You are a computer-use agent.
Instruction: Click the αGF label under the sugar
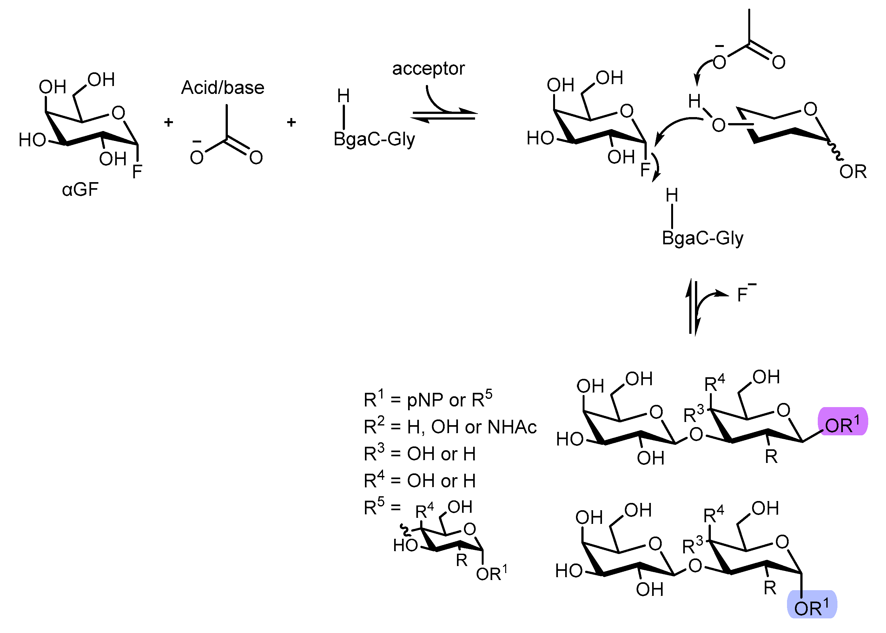coord(80,190)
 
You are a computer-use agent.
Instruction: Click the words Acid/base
coord(222,88)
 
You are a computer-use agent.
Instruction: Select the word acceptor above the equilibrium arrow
coord(428,69)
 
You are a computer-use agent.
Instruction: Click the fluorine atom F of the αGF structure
coord(137,172)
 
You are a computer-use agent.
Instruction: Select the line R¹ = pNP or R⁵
coord(427,399)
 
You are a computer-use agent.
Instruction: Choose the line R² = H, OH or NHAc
coord(450,426)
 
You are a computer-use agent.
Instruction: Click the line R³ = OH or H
coord(420,453)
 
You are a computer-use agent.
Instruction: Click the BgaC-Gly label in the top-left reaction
coord(374,139)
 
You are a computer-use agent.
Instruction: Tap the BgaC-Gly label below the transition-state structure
coord(702,238)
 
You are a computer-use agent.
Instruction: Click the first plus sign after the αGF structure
coord(169,122)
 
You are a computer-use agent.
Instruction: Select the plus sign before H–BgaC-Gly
coord(291,122)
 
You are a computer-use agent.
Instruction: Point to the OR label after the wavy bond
coord(853,172)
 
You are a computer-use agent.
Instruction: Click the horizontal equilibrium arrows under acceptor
coord(444,115)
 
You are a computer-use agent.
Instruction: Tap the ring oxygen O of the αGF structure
coord(118,113)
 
